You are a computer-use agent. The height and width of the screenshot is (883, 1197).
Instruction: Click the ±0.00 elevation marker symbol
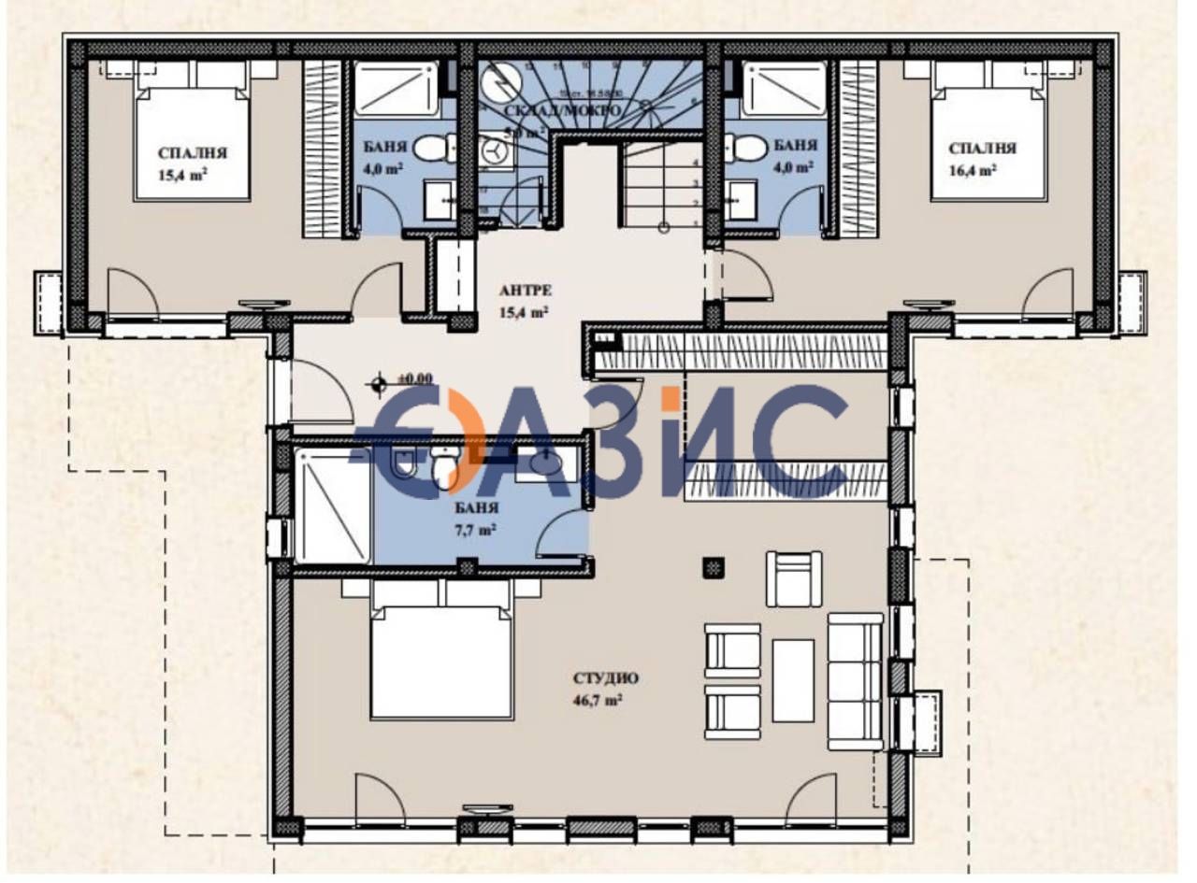(x=378, y=380)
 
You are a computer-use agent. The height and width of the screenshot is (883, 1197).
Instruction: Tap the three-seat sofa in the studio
(x=855, y=681)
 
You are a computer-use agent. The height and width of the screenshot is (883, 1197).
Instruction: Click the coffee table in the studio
(x=793, y=680)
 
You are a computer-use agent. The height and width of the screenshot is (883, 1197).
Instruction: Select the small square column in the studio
(x=714, y=567)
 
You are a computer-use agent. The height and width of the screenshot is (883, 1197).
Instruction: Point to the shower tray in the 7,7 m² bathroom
(x=333, y=505)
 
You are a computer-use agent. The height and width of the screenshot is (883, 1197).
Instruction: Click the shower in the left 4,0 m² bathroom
(x=396, y=89)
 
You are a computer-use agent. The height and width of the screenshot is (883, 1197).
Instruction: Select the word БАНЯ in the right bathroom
(x=796, y=147)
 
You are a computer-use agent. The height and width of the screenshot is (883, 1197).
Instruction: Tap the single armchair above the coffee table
(x=794, y=578)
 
